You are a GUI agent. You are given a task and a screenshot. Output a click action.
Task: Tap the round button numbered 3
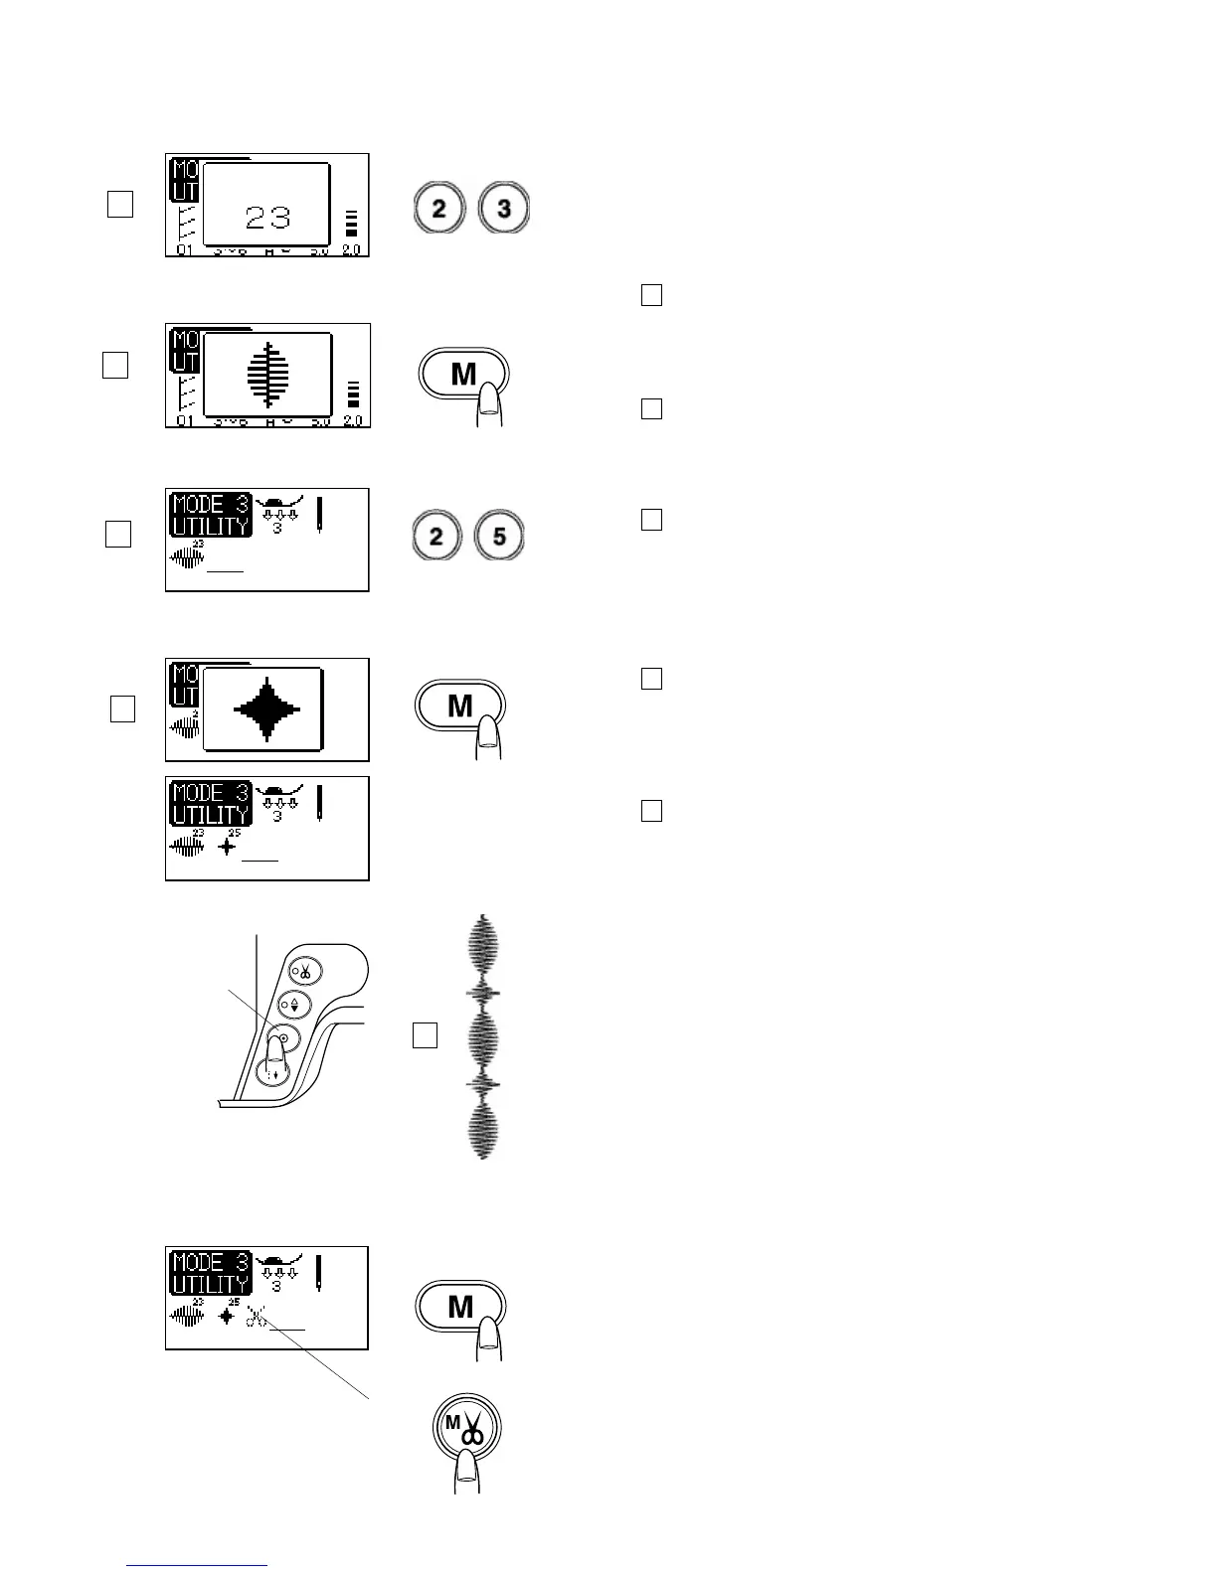pos(504,210)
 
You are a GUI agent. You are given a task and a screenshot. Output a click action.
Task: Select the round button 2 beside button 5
pos(436,537)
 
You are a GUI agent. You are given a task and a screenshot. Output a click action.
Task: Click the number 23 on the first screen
pos(267,218)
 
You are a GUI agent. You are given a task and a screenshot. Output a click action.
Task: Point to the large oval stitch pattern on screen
pos(267,374)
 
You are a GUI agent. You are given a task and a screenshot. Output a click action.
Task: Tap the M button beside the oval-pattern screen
pos(463,375)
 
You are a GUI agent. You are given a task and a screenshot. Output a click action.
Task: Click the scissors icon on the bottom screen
pos(257,1318)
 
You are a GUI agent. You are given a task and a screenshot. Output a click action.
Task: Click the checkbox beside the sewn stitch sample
pos(425,1034)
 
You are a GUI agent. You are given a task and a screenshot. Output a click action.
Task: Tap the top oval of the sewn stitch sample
pos(483,944)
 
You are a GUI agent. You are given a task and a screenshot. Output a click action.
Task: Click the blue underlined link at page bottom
pos(198,1565)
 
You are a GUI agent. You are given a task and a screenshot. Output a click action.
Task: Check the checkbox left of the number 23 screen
pos(119,204)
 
